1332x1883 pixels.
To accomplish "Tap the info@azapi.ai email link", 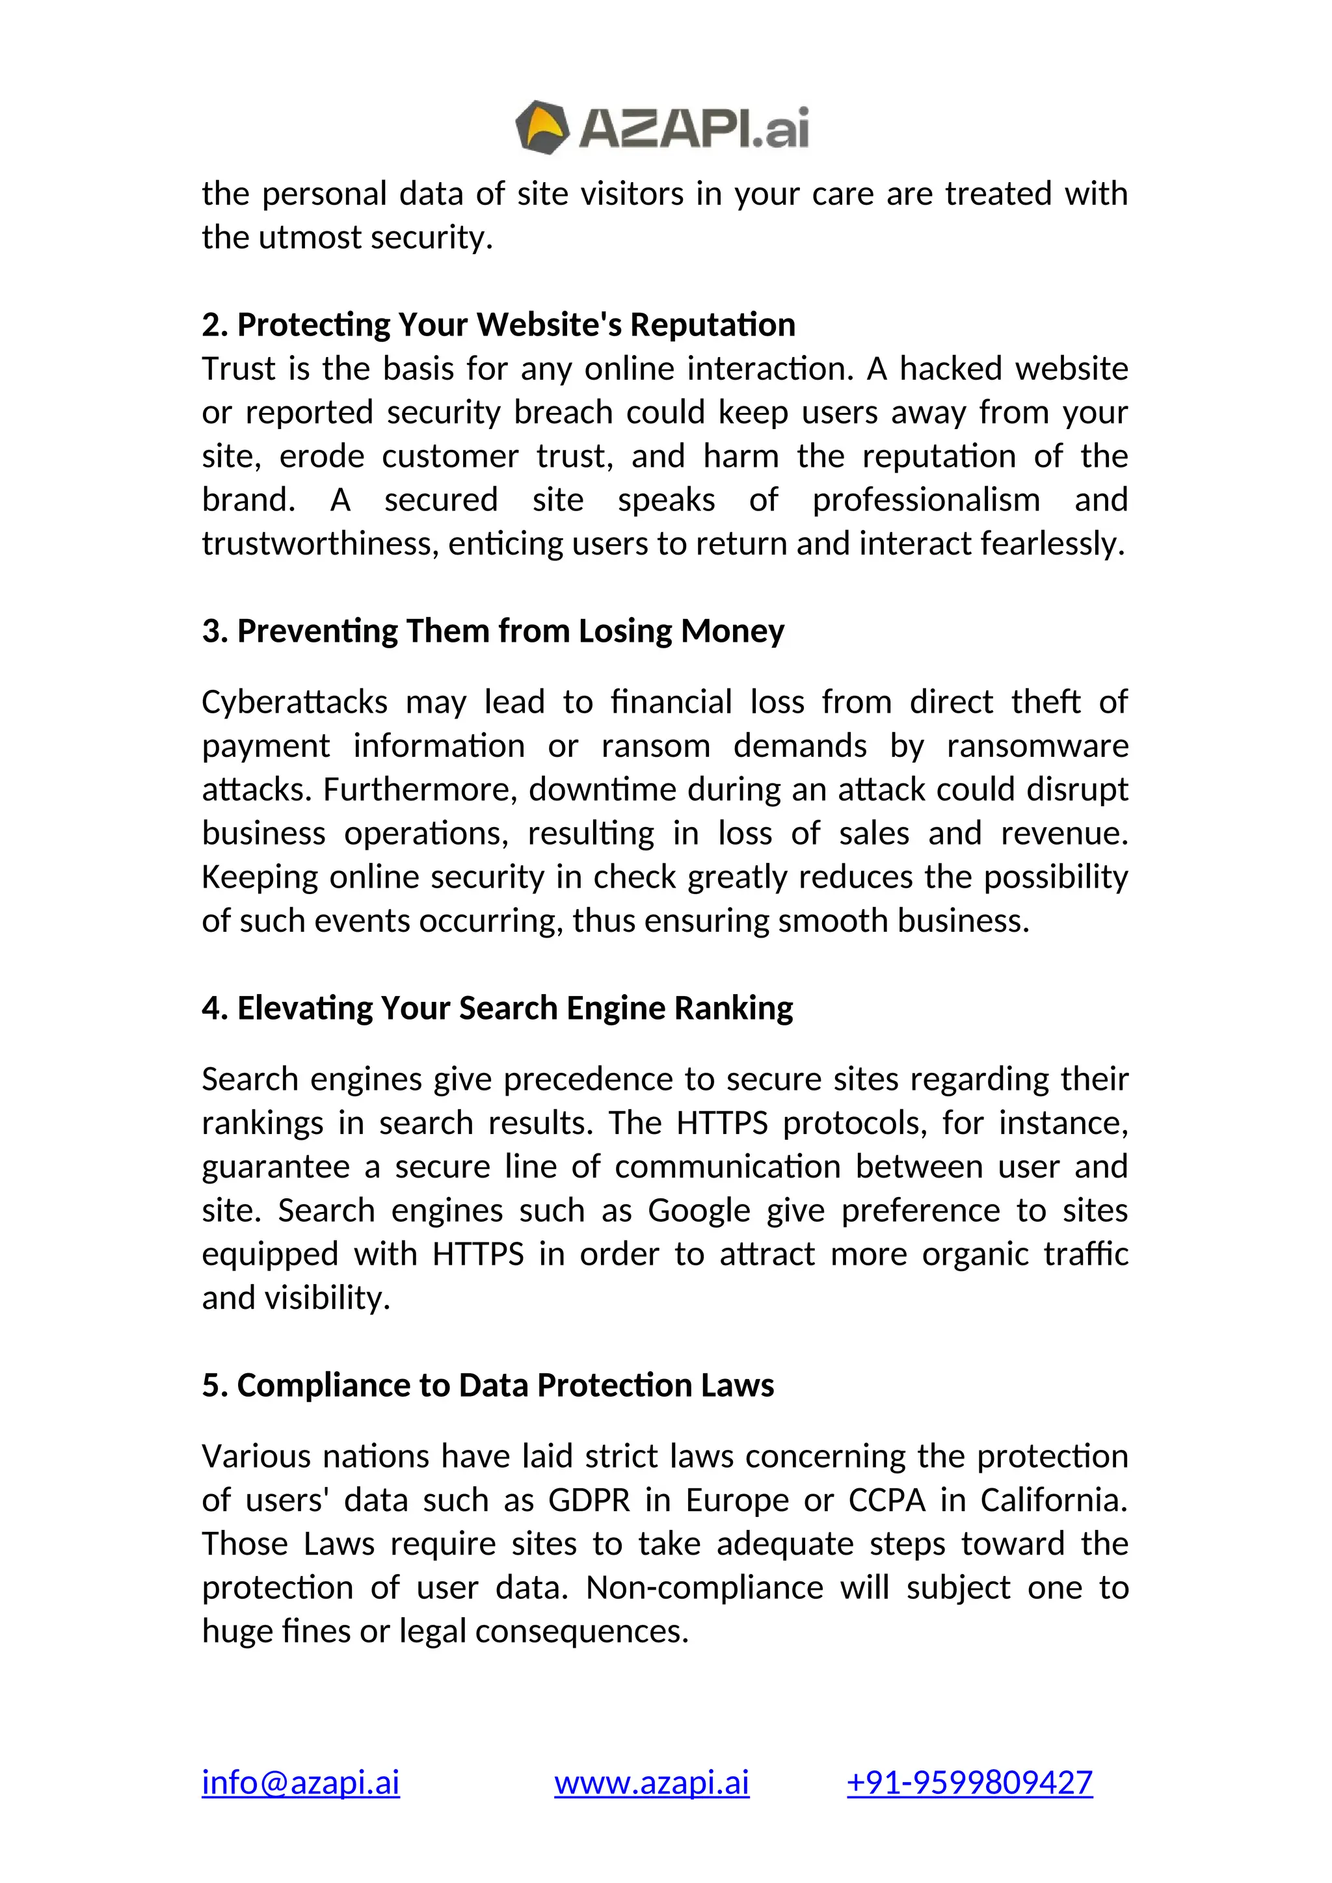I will [x=300, y=1782].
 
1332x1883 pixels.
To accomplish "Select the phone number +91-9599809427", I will [x=970, y=1782].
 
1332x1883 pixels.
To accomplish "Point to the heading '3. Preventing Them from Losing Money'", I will [x=492, y=631].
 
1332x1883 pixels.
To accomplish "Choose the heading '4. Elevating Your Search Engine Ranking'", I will [x=497, y=1008].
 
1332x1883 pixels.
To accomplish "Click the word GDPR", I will [x=589, y=1500].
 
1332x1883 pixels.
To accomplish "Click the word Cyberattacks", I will [x=295, y=702].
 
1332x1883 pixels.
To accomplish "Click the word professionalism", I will [x=926, y=499].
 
